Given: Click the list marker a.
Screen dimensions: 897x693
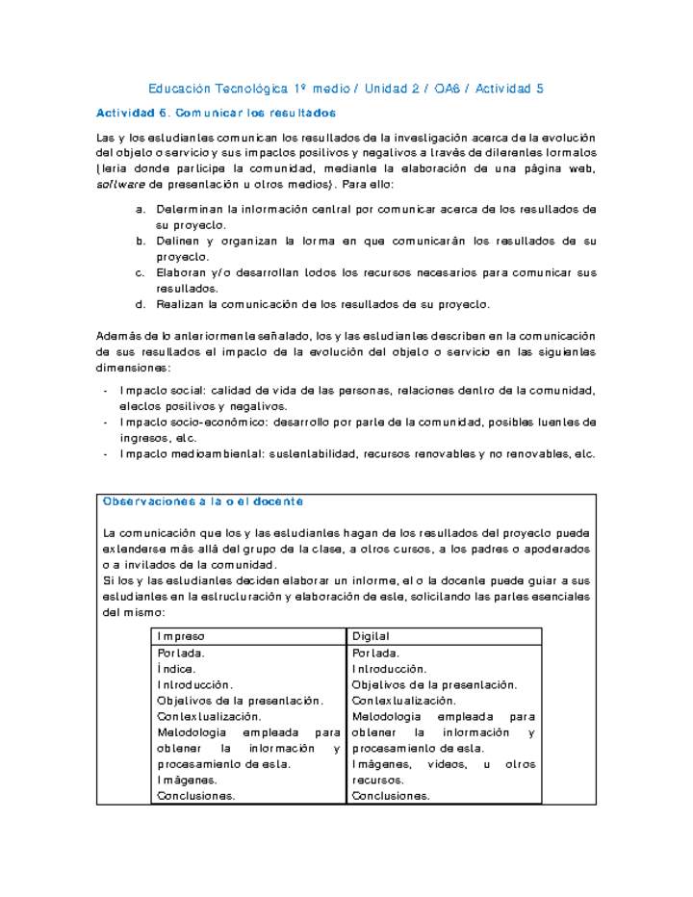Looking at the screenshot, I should (x=141, y=209).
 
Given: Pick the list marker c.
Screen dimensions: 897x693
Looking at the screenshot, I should (x=141, y=272).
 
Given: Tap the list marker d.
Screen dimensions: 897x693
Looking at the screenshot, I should (x=141, y=304).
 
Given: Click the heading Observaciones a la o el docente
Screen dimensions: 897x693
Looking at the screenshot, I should (x=202, y=501).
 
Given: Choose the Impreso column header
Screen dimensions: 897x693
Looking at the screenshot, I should (x=181, y=637).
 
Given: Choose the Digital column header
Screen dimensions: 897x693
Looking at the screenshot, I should (x=371, y=637).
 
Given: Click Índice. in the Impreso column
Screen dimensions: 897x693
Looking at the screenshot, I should (x=176, y=668).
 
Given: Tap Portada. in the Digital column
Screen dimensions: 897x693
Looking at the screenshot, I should (x=376, y=654).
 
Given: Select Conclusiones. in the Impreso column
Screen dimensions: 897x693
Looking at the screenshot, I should (x=195, y=795).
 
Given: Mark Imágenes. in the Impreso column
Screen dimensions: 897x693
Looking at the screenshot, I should (x=187, y=780).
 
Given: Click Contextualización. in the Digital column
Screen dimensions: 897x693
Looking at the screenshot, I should (x=403, y=701).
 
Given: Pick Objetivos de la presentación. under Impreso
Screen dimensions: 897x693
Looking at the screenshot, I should (x=240, y=701).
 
